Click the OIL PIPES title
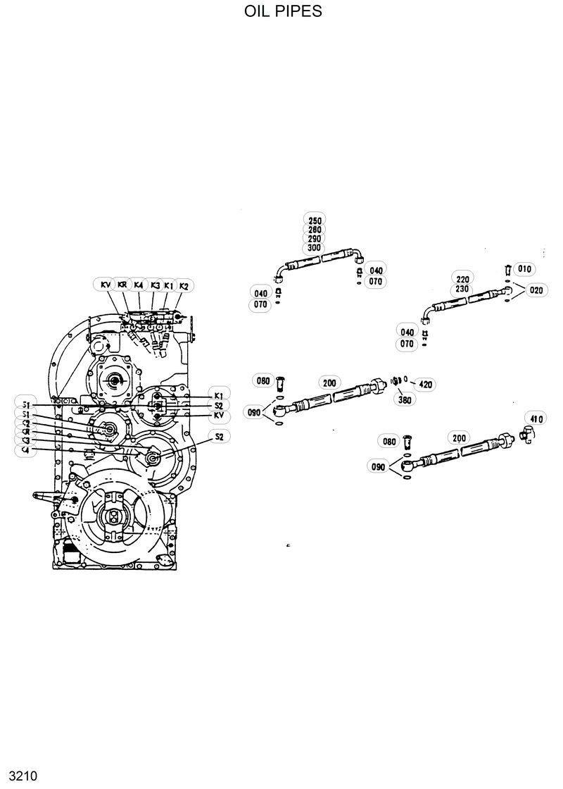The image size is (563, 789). click(283, 11)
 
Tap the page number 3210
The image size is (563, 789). click(18, 776)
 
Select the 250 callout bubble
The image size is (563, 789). click(315, 220)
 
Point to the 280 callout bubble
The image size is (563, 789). click(315, 230)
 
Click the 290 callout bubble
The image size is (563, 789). click(315, 239)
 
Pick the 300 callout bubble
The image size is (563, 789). click(315, 248)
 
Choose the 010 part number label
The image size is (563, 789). click(525, 269)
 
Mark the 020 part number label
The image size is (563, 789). click(536, 290)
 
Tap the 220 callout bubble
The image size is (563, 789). click(462, 279)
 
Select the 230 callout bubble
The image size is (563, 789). click(462, 289)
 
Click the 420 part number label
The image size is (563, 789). click(425, 384)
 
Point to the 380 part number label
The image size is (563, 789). click(406, 399)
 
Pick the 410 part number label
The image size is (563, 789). click(537, 420)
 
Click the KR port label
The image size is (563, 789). click(122, 285)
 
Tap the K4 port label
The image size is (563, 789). click(139, 285)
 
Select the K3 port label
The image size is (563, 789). click(155, 285)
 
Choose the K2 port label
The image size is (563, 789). click(184, 285)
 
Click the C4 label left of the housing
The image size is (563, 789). click(26, 449)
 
